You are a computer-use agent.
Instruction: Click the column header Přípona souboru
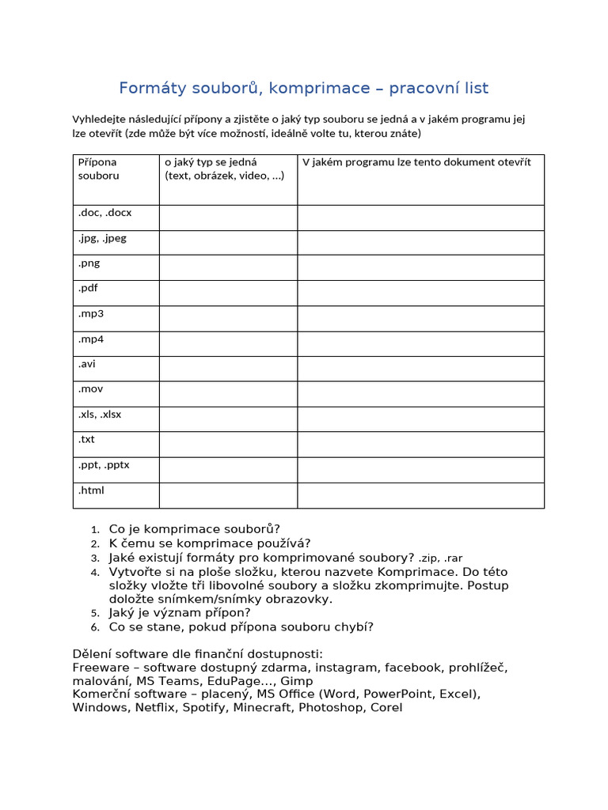click(x=98, y=168)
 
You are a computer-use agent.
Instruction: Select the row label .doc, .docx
click(x=104, y=212)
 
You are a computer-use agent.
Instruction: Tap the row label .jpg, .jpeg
click(x=102, y=237)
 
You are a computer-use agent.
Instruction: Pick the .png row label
click(x=89, y=263)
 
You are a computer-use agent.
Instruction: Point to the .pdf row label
click(x=88, y=288)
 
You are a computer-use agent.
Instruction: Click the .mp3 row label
click(x=90, y=313)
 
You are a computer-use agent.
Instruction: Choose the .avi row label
click(x=86, y=364)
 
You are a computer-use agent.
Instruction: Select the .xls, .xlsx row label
click(x=100, y=414)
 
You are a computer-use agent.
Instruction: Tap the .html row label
click(x=91, y=490)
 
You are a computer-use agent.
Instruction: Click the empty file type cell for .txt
click(x=228, y=445)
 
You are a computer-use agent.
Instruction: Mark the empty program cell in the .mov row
click(x=420, y=394)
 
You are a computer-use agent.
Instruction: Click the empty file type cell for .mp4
click(x=228, y=343)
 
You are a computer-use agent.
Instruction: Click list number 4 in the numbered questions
click(x=95, y=572)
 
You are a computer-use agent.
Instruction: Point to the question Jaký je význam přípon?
click(x=180, y=612)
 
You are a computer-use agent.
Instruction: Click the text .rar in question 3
click(x=454, y=558)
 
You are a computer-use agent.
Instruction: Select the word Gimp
click(x=297, y=681)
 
